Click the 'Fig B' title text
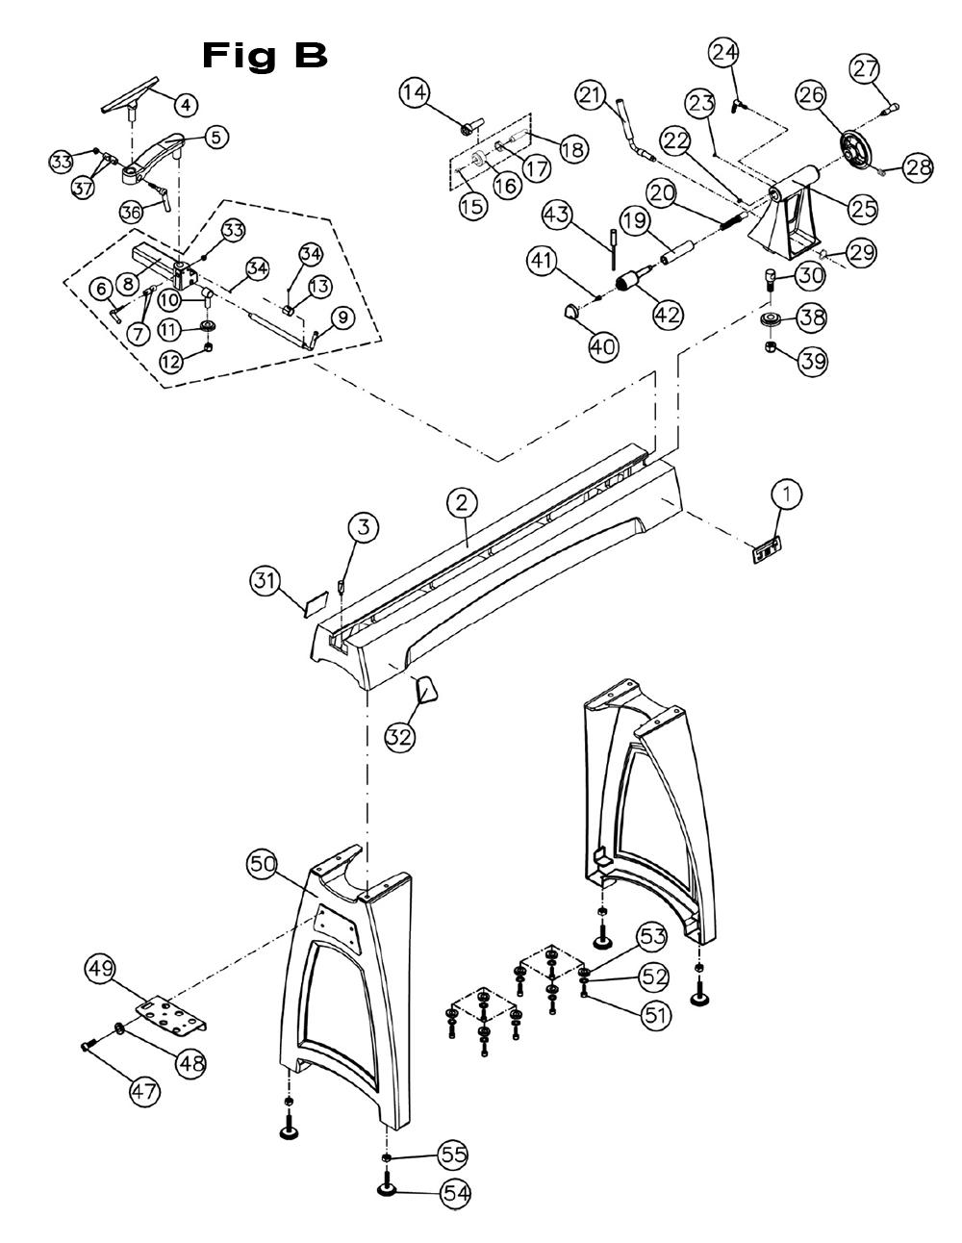pos(266,56)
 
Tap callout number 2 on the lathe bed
pos(463,502)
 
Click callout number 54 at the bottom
pos(456,1193)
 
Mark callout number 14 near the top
pos(416,93)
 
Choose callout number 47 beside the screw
pos(146,1092)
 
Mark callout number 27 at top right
pos(864,69)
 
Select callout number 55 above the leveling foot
pos(452,1154)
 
